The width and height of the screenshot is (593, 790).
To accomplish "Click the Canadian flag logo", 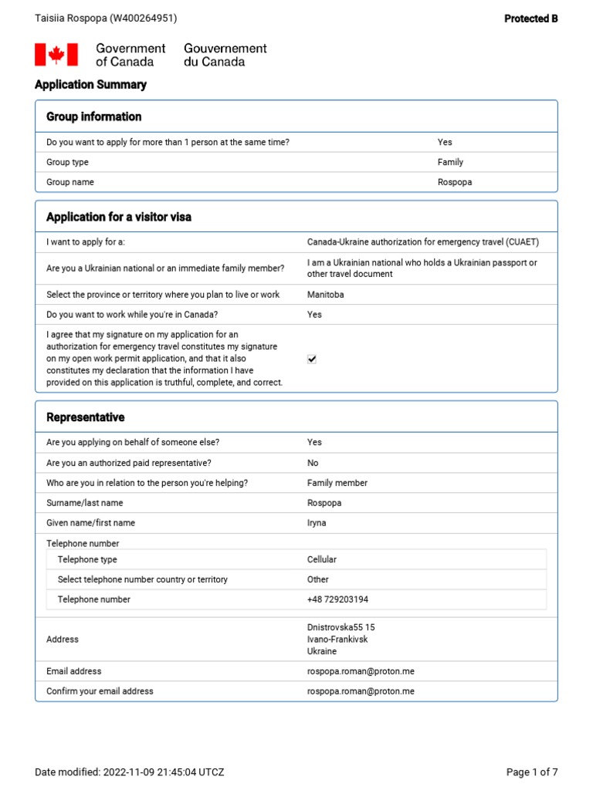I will [x=56, y=55].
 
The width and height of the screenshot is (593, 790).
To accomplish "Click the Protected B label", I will [x=530, y=19].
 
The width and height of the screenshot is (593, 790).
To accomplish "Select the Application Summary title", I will [x=90, y=85].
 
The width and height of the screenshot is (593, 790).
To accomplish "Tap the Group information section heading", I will [x=93, y=116].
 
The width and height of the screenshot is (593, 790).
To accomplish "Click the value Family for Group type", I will [x=450, y=162].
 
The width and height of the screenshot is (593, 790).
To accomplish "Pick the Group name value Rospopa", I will [x=454, y=182].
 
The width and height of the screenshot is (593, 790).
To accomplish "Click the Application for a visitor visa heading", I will [x=119, y=217].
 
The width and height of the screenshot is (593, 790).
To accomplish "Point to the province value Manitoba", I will [x=325, y=295].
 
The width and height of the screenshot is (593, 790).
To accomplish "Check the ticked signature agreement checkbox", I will [x=312, y=360].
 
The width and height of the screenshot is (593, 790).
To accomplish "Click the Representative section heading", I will [x=85, y=417].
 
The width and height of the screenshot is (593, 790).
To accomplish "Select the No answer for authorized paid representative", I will [x=313, y=463].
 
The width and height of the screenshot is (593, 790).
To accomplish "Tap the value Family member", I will [x=337, y=483].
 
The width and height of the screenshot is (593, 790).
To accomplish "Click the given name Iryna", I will [x=317, y=523].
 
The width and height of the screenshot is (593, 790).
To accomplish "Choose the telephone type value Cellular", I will [x=322, y=559].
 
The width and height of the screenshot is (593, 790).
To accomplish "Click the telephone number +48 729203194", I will [x=337, y=599].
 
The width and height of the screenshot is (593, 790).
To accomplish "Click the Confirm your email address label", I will [x=100, y=691].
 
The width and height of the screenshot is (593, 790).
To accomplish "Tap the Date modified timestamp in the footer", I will [x=129, y=772].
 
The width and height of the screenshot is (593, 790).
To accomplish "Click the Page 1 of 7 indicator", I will [x=531, y=772].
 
